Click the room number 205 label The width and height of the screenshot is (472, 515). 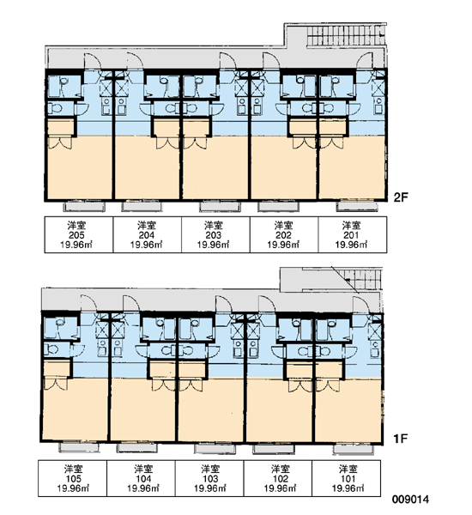[x=76, y=235]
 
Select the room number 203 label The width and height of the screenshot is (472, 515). [x=213, y=235]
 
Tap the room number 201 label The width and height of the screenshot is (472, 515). [x=351, y=235]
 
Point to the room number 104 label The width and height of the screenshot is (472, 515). [x=143, y=479]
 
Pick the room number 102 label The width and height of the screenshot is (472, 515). [x=280, y=479]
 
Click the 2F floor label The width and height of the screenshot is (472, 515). [x=401, y=197]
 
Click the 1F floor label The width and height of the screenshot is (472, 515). [x=400, y=438]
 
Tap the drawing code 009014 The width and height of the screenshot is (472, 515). [x=410, y=500]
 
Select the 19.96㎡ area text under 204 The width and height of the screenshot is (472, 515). [x=146, y=245]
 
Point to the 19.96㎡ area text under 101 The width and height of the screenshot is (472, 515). [x=348, y=488]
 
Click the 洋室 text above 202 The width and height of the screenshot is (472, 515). [x=283, y=226]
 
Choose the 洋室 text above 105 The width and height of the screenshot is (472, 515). [x=73, y=469]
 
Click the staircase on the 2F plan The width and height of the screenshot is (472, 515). [x=346, y=35]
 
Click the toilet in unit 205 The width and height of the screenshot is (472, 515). [x=55, y=108]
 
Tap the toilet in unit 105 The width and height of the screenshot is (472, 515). [x=51, y=349]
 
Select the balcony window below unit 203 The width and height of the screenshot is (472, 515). [x=220, y=207]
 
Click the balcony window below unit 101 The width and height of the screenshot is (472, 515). [x=353, y=449]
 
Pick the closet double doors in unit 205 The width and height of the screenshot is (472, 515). [x=60, y=143]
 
